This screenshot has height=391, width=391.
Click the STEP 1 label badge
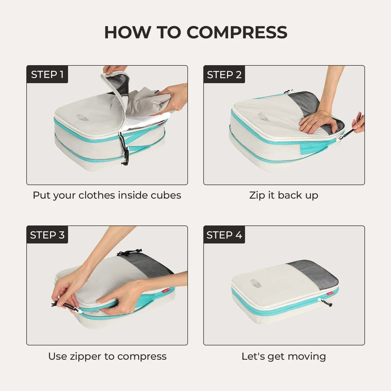tap(47, 74)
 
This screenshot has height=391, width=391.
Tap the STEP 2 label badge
tap(224, 74)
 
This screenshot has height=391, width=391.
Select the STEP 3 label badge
tap(47, 235)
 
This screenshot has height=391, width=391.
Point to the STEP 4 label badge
tap(224, 235)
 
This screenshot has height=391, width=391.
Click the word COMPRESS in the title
tap(237, 32)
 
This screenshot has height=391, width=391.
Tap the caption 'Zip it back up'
tap(283, 195)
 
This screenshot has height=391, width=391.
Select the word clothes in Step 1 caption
tap(97, 195)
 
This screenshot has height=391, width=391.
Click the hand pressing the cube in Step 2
tap(319, 121)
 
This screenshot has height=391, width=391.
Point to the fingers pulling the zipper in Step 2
tap(358, 123)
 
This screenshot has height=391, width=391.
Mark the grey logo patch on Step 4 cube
tap(256, 283)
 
